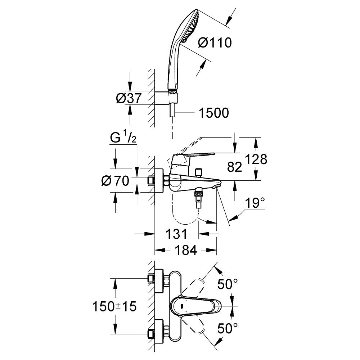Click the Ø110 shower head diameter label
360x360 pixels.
215,43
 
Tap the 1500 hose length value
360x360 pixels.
213,113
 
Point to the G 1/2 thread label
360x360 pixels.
122,138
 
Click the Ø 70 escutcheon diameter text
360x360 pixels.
115,181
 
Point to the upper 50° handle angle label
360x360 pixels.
227,285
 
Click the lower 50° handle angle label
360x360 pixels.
227,328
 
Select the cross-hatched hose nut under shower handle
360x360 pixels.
173,87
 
